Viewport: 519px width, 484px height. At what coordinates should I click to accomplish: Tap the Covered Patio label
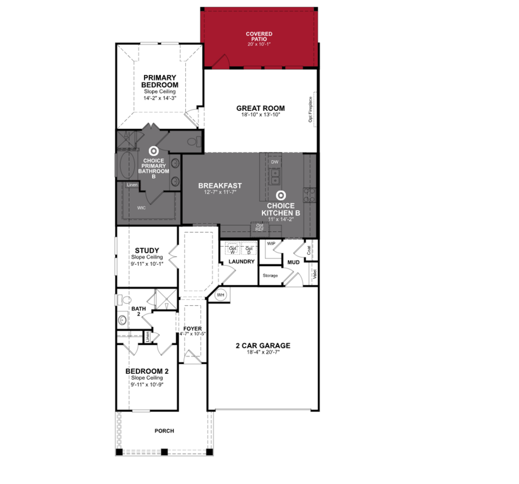coord(259,36)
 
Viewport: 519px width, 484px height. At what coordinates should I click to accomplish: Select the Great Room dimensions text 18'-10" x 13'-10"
coord(261,115)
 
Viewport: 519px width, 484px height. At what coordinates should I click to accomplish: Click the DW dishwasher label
coord(275,162)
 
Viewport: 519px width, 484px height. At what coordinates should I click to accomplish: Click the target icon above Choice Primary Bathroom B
coord(154,151)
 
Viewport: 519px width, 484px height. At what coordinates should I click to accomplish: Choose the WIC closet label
coord(141,208)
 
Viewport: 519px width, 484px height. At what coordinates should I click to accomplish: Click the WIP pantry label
coord(271,244)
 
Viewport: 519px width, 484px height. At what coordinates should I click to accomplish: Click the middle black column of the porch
coord(164,452)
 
